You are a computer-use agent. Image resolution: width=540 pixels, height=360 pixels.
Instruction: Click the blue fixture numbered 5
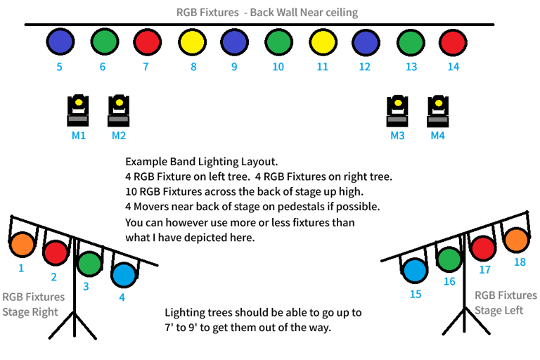(x=60, y=41)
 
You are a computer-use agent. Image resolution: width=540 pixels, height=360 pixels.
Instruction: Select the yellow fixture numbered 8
(x=192, y=41)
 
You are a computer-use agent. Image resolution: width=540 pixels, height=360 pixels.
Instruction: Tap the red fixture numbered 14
(x=453, y=41)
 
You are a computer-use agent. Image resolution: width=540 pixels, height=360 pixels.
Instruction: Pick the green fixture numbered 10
(x=278, y=41)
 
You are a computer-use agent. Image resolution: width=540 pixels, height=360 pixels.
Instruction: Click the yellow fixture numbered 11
(x=323, y=41)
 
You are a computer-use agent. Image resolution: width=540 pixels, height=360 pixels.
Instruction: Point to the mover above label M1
(x=78, y=110)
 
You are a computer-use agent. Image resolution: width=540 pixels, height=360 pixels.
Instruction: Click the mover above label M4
(x=438, y=110)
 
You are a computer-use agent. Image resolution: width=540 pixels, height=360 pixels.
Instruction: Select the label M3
(x=397, y=136)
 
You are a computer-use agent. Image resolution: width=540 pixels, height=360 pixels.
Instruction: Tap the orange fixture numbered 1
(x=22, y=245)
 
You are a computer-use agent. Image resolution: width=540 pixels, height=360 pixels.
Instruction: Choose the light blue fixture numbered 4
(x=124, y=274)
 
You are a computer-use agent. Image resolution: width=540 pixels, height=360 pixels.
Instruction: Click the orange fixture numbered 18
(x=515, y=240)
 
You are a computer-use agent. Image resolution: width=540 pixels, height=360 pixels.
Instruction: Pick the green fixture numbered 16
(x=449, y=259)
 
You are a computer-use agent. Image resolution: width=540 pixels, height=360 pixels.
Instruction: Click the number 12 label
(x=364, y=67)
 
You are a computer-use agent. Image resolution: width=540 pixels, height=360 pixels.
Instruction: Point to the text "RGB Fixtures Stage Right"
(x=33, y=304)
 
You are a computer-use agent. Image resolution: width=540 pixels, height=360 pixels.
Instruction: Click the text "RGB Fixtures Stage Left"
(x=505, y=302)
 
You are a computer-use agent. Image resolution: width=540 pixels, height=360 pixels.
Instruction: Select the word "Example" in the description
(x=146, y=162)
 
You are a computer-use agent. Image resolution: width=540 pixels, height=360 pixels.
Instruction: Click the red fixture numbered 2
(x=55, y=252)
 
